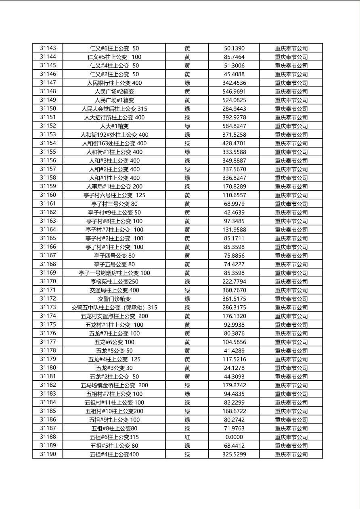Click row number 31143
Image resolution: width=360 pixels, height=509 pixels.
(48, 48)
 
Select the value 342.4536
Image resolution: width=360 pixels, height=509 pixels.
(234, 83)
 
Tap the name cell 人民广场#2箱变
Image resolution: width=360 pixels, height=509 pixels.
(114, 92)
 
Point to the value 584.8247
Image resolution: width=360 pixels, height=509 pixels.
(234, 126)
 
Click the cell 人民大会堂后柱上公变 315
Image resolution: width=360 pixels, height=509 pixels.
(114, 109)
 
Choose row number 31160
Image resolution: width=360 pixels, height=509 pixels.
(48, 195)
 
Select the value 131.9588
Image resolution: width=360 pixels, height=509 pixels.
(234, 229)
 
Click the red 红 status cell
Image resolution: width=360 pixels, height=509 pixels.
(187, 437)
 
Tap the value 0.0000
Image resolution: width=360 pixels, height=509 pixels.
(234, 437)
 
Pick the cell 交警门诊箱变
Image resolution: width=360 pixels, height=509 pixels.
(114, 299)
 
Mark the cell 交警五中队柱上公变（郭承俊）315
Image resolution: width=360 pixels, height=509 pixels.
(114, 307)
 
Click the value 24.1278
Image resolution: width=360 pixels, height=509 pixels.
(234, 368)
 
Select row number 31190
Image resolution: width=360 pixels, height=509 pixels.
(48, 454)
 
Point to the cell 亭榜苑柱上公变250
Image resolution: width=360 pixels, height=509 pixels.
(114, 282)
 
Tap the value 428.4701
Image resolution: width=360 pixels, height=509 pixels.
(234, 143)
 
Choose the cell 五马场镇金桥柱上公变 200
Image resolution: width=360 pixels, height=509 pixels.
(114, 385)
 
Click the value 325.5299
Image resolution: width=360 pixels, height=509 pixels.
(234, 454)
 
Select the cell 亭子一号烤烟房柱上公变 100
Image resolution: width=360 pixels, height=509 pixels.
(114, 273)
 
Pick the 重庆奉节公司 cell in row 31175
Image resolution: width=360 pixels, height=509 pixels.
(291, 325)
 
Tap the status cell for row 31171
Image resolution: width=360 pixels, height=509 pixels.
(187, 290)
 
